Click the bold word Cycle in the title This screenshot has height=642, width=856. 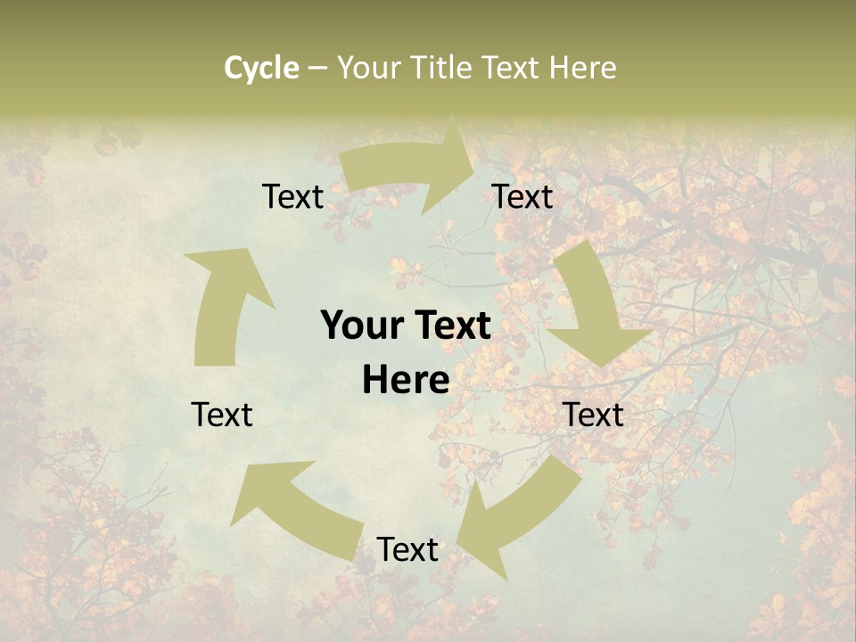[x=261, y=68]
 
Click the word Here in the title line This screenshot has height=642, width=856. [x=581, y=68]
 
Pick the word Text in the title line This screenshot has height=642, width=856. [x=511, y=68]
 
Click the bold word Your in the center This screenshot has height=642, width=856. [x=361, y=326]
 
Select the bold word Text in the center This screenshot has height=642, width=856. [x=449, y=326]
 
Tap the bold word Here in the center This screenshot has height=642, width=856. [x=406, y=380]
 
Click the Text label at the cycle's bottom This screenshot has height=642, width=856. [x=407, y=550]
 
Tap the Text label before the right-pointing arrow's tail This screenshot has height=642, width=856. [x=292, y=197]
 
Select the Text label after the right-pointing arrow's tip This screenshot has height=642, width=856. [x=523, y=197]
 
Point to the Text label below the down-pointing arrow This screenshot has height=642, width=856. [x=593, y=415]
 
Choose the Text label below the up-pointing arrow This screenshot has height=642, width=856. [x=222, y=415]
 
